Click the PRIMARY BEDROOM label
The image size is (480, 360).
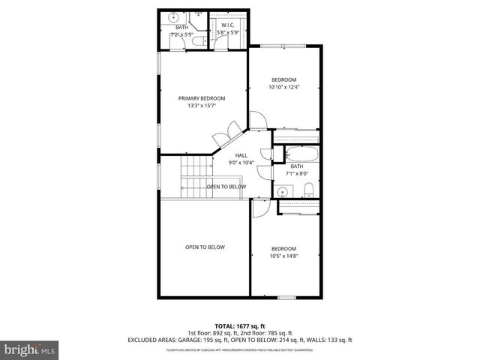click(201, 98)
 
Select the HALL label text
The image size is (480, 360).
click(241, 155)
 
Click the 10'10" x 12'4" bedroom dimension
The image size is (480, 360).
click(283, 87)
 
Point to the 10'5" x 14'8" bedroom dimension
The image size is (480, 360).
click(283, 256)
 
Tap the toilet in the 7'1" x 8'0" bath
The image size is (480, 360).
click(308, 188)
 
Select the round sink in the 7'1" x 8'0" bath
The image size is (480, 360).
click(283, 191)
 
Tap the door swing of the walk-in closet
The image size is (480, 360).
click(219, 43)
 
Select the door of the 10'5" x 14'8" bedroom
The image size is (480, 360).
click(258, 208)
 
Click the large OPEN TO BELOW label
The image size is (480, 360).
click(205, 247)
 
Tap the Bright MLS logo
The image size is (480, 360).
click(31, 349)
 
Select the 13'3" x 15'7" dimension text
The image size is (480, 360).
click(201, 106)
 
